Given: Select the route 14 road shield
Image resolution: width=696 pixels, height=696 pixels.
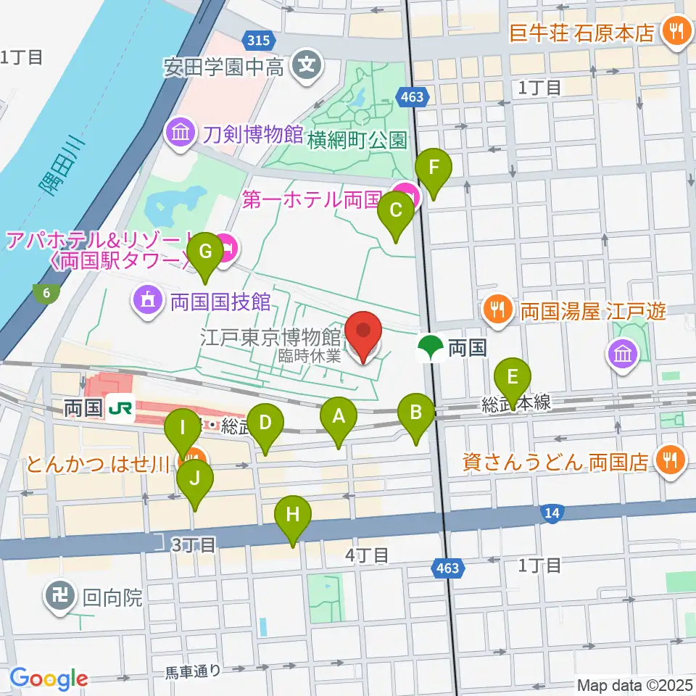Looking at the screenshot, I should (552, 514).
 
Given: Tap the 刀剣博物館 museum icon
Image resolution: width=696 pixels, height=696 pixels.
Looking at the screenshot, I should (179, 133).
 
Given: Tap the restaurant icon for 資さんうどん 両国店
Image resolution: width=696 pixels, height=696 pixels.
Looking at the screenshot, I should (667, 460).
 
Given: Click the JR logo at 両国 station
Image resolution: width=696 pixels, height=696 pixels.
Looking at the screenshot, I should (121, 408).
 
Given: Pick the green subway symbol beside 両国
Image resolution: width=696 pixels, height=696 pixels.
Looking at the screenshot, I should (431, 347).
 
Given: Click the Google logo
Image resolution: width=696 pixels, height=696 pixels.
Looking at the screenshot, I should (49, 679).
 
